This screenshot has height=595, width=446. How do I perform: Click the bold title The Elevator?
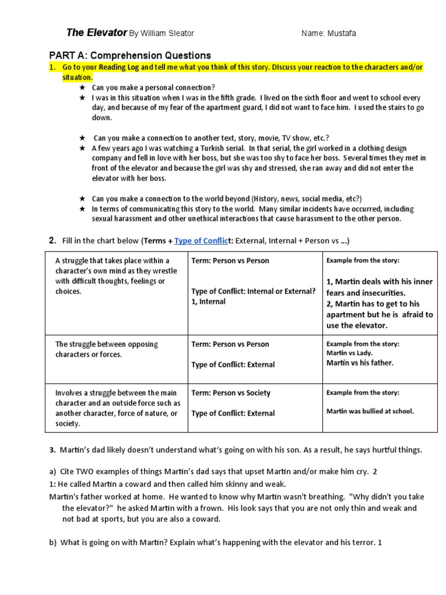[88, 33]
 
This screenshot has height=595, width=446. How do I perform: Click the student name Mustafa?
[342, 34]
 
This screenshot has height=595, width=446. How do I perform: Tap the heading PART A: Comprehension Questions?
[130, 56]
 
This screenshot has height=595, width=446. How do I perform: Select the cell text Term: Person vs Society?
[231, 393]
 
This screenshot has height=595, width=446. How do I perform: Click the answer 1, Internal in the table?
[208, 302]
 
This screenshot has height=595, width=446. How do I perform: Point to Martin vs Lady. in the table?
[349, 353]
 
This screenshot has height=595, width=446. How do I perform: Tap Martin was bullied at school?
[370, 411]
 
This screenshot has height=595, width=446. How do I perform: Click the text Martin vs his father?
[359, 363]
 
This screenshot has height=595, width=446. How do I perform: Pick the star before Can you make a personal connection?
[82, 88]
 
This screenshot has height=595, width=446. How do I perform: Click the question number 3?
[52, 450]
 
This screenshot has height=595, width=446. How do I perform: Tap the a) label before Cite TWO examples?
[53, 472]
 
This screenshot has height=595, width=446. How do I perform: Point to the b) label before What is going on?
[53, 543]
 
